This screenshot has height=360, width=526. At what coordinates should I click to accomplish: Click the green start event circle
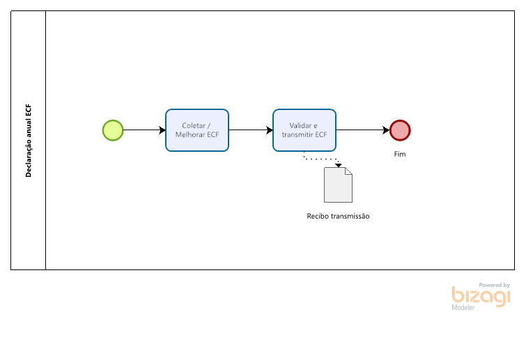click(x=113, y=130)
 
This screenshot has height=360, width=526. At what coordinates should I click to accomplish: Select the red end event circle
click(x=400, y=130)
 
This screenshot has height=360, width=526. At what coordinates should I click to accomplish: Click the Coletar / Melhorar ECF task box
click(x=197, y=130)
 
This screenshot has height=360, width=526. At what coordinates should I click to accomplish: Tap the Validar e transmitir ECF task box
click(x=304, y=130)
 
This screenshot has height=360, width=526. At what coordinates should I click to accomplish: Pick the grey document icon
click(x=338, y=185)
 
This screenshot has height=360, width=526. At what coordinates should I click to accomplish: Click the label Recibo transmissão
click(x=338, y=216)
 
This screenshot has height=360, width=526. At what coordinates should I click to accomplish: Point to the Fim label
click(x=400, y=154)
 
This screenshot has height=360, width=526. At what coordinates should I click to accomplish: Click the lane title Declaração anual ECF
click(x=29, y=141)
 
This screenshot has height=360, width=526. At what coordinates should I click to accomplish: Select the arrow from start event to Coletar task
click(x=144, y=130)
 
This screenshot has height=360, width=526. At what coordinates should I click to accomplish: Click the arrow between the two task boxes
click(x=251, y=130)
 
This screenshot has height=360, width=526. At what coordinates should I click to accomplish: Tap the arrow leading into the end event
click(x=363, y=130)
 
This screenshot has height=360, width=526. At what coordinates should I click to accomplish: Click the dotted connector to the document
click(x=321, y=159)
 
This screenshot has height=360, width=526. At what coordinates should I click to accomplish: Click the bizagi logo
click(x=481, y=297)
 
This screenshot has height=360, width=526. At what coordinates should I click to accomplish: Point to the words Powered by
click(x=495, y=285)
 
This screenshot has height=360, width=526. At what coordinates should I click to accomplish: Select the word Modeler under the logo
click(x=463, y=307)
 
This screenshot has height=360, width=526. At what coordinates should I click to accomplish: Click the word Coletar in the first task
click(x=194, y=126)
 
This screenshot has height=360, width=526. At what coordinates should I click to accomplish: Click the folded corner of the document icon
click(x=349, y=171)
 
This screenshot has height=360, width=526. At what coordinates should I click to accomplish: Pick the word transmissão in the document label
click(x=350, y=216)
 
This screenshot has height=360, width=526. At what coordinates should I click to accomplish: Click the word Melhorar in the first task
click(x=190, y=135)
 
